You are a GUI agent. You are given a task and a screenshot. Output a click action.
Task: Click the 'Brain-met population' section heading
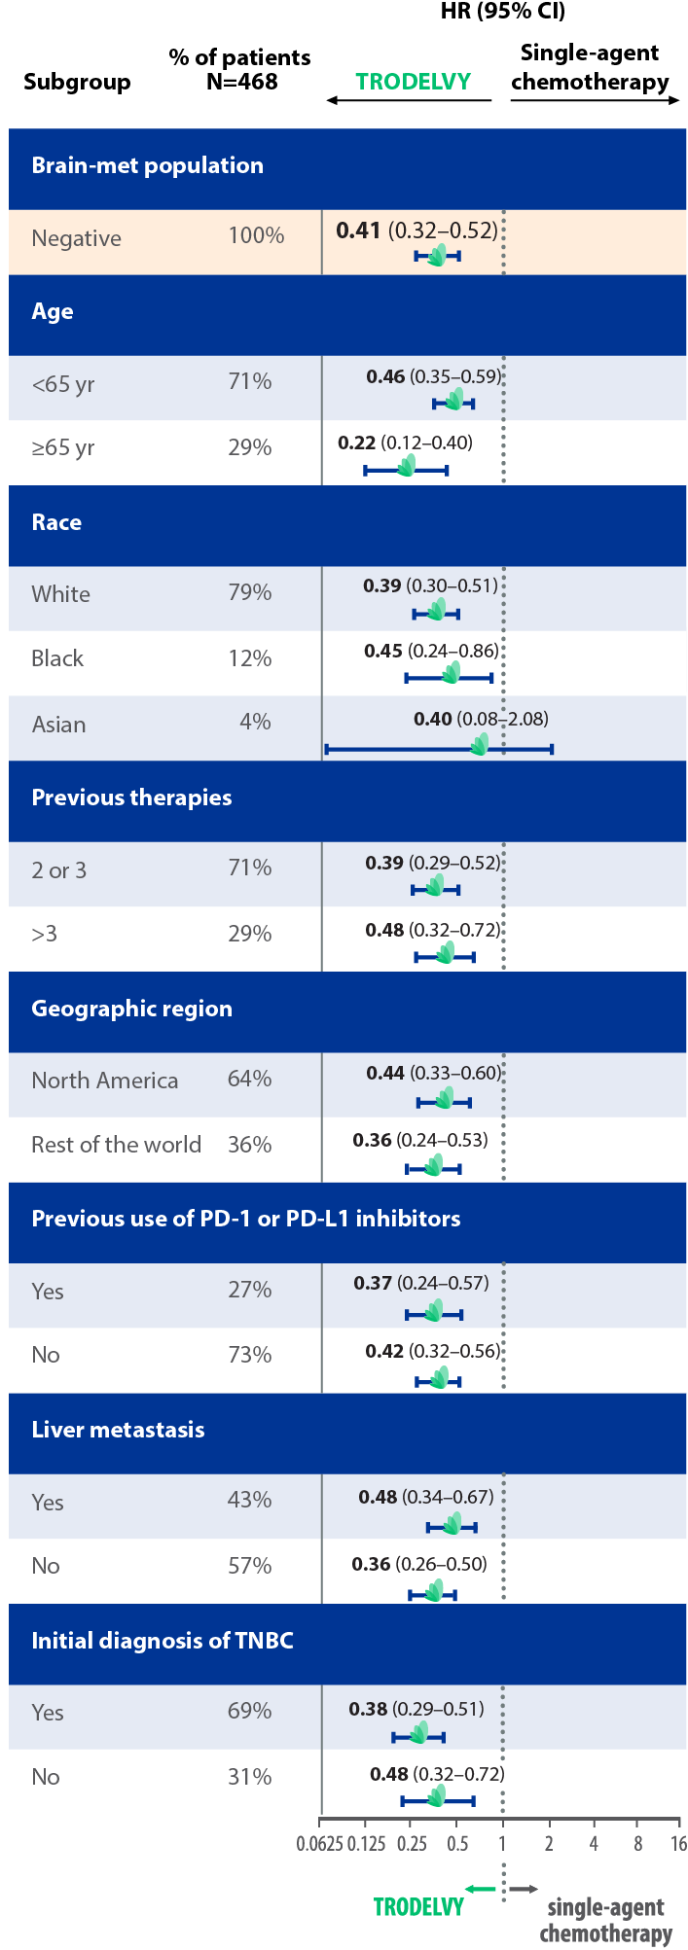[x=147, y=165]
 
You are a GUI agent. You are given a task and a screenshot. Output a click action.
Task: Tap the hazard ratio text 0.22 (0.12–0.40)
[x=405, y=443]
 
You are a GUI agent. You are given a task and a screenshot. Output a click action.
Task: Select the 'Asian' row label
[x=58, y=725]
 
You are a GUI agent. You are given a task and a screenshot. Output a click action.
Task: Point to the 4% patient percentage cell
[x=255, y=723]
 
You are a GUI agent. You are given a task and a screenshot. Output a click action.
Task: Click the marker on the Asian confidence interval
[x=479, y=746]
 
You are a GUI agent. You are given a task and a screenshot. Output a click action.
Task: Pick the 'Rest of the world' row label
[x=116, y=1145]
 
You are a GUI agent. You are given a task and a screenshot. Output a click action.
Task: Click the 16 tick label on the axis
[x=678, y=1843]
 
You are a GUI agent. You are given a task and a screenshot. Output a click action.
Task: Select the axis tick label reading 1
[x=502, y=1843]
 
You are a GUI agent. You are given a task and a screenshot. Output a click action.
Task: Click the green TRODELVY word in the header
[x=413, y=82]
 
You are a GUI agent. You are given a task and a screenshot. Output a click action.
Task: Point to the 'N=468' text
[x=241, y=82]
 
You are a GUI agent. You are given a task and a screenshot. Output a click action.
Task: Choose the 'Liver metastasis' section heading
[x=118, y=1430]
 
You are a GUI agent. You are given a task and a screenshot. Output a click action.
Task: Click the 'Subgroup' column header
[x=77, y=82]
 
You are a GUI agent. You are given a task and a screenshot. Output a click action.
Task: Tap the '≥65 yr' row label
[x=63, y=448]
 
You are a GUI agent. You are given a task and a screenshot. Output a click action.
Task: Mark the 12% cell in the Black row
[x=250, y=658]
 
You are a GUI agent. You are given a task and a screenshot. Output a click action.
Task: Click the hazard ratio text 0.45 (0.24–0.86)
[x=431, y=651]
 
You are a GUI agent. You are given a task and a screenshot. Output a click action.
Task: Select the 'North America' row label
[x=104, y=1081]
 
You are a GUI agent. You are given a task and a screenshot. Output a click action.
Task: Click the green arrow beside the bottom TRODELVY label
[x=480, y=1889]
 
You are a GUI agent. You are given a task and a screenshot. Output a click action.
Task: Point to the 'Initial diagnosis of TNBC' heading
[x=163, y=1641]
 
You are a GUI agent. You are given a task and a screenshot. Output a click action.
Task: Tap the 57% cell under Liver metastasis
[x=250, y=1566]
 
